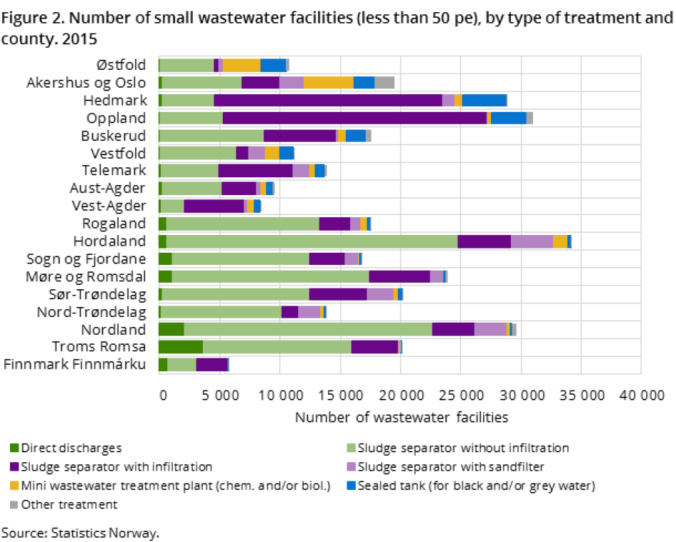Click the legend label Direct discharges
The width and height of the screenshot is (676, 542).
click(71, 449)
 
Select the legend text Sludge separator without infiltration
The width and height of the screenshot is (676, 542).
click(463, 449)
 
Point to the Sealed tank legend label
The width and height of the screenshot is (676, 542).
click(475, 486)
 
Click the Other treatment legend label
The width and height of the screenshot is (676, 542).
click(69, 504)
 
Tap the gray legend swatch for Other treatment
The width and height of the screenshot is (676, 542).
click(14, 505)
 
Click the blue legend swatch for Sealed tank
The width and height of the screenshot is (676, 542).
click(350, 486)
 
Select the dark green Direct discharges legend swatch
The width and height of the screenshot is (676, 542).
click(14, 449)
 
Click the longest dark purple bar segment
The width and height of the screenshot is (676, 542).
click(354, 118)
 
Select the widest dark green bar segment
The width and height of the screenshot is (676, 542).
click(180, 347)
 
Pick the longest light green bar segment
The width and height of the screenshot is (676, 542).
click(312, 241)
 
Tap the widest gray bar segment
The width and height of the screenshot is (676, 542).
click(384, 82)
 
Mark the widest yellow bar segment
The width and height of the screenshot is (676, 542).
click(328, 82)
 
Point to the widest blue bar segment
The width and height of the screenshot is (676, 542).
click(484, 100)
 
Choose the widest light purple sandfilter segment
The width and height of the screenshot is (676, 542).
click(532, 241)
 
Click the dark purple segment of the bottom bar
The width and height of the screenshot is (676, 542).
click(211, 365)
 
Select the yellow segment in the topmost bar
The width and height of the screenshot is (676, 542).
click(241, 65)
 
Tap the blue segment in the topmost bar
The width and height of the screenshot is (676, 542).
click(273, 65)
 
